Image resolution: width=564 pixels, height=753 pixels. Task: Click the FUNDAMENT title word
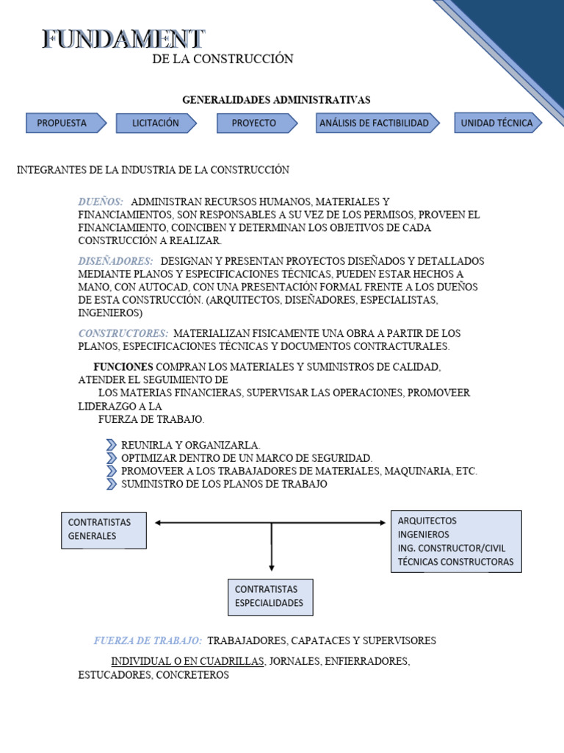123,39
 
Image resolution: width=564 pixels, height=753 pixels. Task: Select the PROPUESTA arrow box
64,123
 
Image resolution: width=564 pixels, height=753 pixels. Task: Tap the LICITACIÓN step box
156,123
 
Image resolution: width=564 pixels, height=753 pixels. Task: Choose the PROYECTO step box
254,123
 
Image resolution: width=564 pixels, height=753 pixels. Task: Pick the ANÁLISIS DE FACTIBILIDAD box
375,123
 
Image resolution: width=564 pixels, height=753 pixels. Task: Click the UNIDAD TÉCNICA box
496,123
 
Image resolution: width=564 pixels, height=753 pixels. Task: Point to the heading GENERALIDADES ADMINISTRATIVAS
276,99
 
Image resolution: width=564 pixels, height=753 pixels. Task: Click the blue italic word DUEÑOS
101,201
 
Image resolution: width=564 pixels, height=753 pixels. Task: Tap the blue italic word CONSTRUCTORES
123,333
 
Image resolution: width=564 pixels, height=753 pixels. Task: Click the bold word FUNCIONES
123,366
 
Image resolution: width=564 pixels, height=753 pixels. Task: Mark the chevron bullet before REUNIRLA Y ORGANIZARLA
111,445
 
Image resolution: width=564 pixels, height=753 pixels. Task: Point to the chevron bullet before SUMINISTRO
111,484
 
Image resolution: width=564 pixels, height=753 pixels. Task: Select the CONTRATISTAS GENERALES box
104,529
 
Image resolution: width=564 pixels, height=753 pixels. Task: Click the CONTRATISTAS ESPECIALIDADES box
270,596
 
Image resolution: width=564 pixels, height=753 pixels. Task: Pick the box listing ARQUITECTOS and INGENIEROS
455,542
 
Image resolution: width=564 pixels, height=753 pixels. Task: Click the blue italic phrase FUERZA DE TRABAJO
148,640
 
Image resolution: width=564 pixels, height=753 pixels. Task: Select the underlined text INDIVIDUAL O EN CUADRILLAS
187,661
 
